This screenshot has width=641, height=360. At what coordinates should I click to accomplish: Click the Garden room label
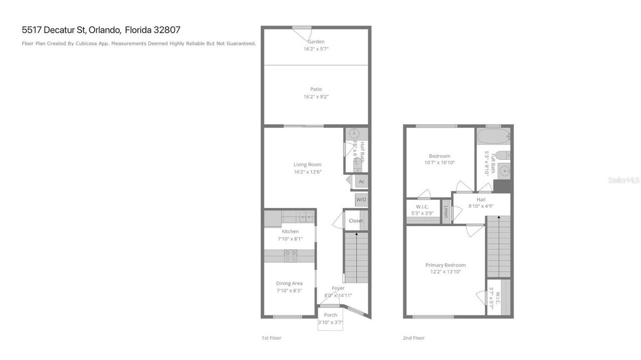(316, 42)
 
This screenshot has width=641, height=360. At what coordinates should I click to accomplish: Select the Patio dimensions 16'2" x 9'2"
(316, 97)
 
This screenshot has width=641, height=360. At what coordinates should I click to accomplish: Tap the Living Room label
(307, 164)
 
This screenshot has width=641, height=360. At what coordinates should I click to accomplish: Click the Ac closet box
(361, 181)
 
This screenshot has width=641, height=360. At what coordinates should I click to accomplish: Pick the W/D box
(361, 200)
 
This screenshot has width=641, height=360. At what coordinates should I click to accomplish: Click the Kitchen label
(290, 231)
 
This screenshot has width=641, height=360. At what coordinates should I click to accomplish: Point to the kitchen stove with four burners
(290, 256)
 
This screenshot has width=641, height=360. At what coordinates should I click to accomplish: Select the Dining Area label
(289, 283)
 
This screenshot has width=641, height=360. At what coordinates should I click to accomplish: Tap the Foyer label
(338, 288)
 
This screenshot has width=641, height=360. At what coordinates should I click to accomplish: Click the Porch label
(331, 315)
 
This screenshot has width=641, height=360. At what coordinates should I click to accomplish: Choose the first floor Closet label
(356, 221)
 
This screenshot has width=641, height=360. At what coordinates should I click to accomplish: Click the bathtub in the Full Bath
(493, 136)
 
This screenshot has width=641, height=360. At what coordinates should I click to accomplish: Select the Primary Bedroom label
(445, 265)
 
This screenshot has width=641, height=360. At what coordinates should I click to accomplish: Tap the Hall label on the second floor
(481, 199)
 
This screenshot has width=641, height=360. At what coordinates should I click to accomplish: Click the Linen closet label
(446, 212)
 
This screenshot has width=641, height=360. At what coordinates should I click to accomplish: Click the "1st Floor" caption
(271, 338)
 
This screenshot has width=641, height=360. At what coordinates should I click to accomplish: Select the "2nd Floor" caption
(414, 338)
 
